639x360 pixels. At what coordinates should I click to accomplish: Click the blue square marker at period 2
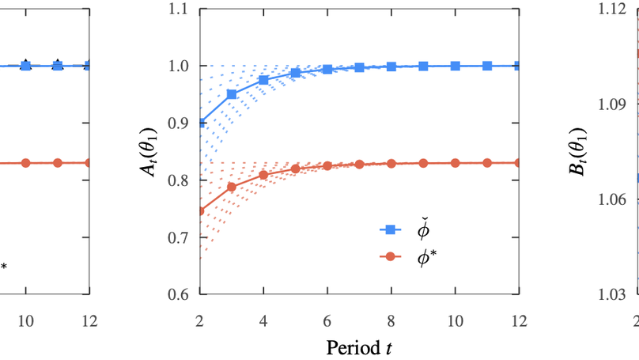pyautogui.click(x=200, y=123)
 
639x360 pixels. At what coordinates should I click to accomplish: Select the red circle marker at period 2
pyautogui.click(x=200, y=210)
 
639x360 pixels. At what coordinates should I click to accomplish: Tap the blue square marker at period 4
pyautogui.click(x=263, y=80)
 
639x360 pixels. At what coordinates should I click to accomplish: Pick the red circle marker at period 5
pyautogui.click(x=295, y=169)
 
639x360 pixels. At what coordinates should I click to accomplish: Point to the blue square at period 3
pyautogui.click(x=232, y=94)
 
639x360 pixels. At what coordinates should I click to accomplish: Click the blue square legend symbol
pyautogui.click(x=388, y=229)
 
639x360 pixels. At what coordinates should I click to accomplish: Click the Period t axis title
pyautogui.click(x=359, y=347)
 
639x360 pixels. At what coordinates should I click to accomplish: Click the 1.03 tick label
pyautogui.click(x=615, y=294)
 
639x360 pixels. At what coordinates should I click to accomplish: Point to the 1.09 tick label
pyautogui.click(x=615, y=104)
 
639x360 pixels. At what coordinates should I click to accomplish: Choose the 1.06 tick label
pyautogui.click(x=615, y=199)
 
